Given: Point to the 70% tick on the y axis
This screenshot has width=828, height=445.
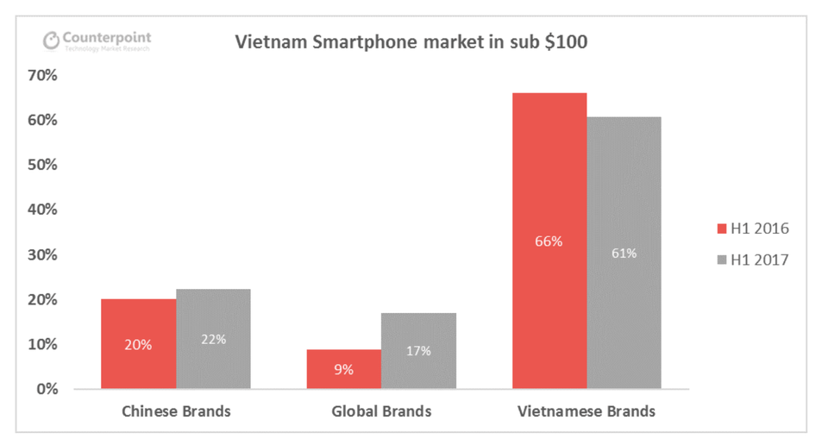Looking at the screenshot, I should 41,76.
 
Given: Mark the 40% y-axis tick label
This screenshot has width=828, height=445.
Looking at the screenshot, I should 41,210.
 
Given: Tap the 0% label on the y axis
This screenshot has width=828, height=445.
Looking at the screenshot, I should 47,389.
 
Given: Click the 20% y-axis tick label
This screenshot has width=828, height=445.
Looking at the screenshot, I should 41,299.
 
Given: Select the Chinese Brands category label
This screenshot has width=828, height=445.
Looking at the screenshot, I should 175,411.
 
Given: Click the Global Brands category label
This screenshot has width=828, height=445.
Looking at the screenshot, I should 381,411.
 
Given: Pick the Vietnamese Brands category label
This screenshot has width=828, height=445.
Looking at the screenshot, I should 586,411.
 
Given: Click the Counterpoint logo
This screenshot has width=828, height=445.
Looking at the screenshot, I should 97,41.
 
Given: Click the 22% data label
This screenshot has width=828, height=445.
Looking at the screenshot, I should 213,339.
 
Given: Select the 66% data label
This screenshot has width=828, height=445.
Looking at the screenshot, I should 549,241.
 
